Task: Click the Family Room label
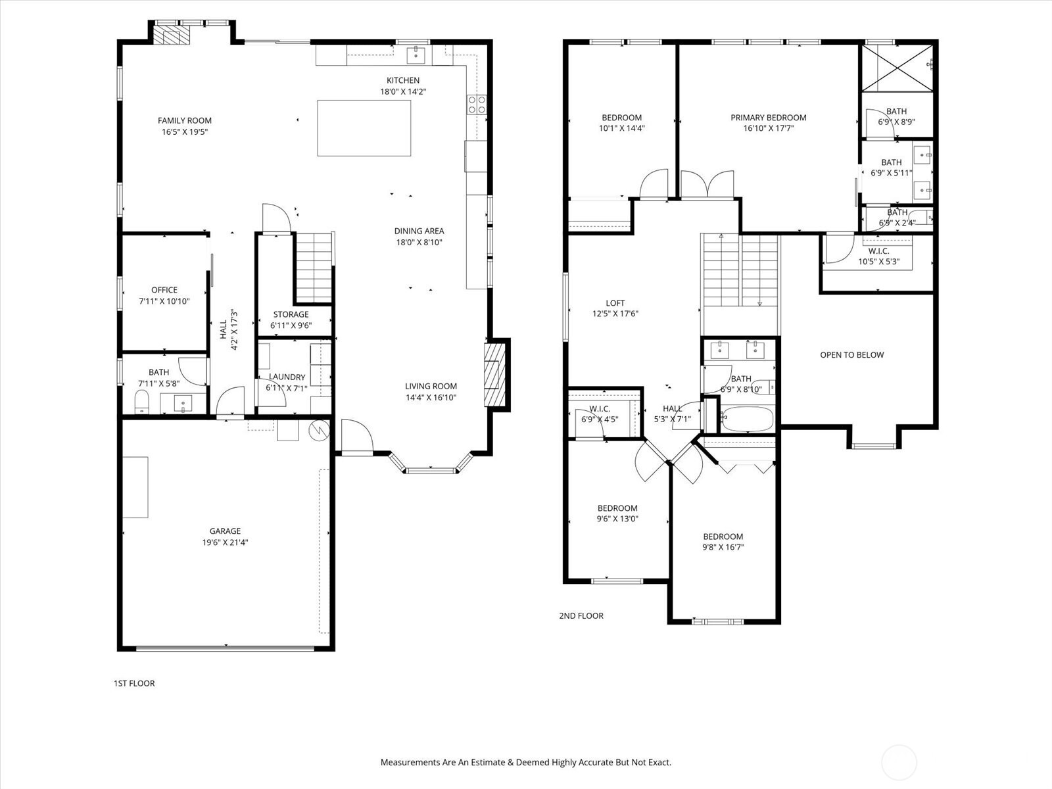tap(185, 120)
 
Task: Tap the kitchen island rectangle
tap(364, 128)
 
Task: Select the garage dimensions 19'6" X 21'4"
tap(225, 542)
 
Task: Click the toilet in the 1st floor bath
tap(141, 401)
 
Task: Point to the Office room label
tap(164, 290)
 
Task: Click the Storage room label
tap(291, 314)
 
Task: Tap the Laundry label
tap(287, 377)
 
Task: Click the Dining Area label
tap(419, 231)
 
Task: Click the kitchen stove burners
tap(477, 104)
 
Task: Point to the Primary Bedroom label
tap(768, 118)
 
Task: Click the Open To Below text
tap(851, 355)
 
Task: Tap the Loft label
tap(615, 303)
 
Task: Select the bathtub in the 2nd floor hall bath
tap(748, 419)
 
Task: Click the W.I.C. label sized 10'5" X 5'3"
tap(878, 251)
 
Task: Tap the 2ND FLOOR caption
tap(581, 616)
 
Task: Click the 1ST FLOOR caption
tap(134, 683)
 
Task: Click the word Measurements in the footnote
tap(410, 763)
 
